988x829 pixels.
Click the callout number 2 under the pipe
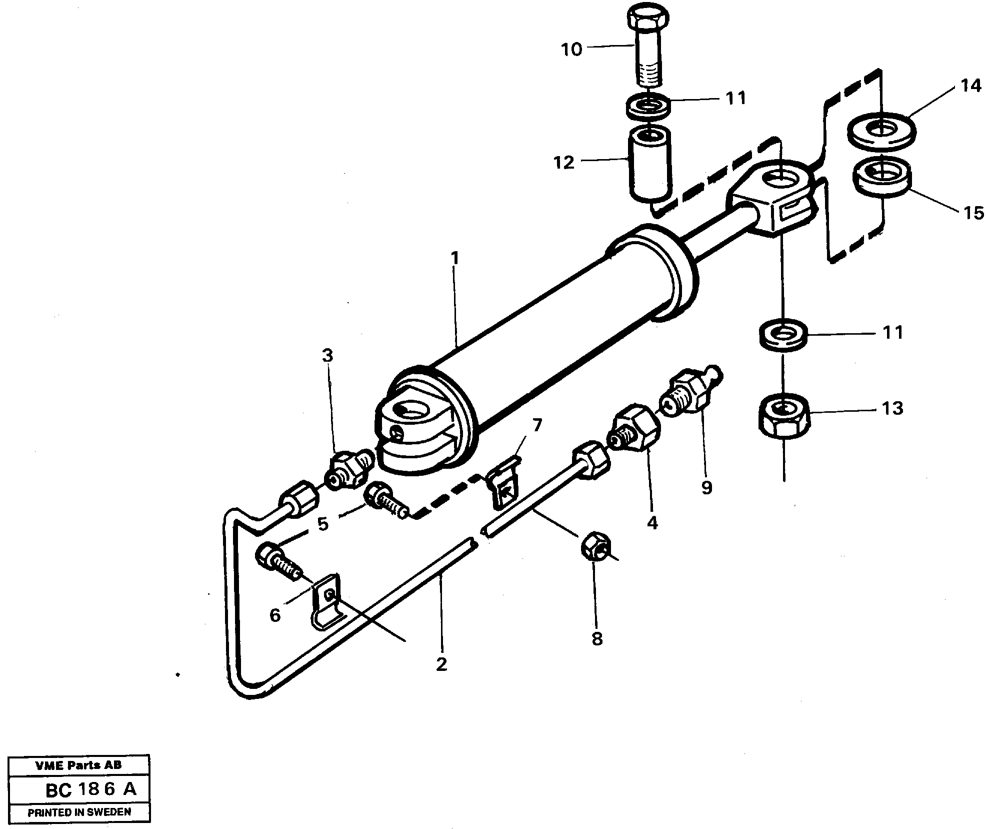pos(440,664)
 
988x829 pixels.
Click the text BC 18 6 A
pos(90,789)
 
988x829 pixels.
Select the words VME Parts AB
pos(78,765)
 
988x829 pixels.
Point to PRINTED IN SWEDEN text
pos(79,812)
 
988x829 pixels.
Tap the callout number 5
pos(323,524)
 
